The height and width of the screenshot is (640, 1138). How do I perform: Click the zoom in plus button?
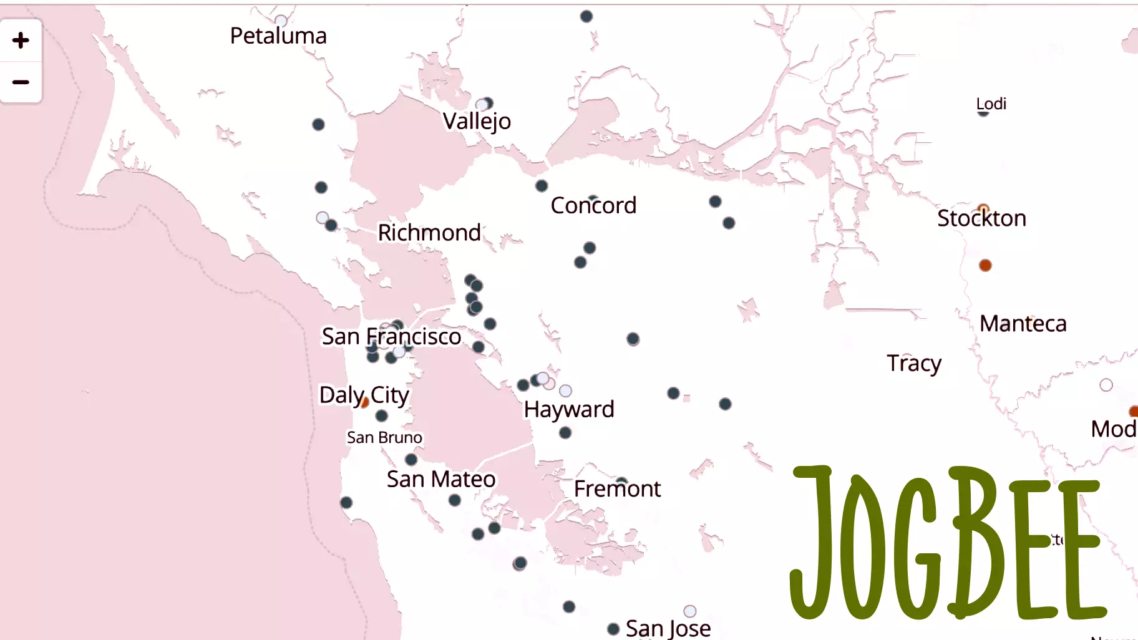click(21, 41)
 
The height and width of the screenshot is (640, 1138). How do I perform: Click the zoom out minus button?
click(21, 82)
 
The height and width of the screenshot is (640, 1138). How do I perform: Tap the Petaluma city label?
click(278, 36)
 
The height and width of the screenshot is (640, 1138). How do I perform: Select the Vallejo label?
click(477, 121)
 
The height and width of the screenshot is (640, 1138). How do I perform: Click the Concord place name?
click(593, 205)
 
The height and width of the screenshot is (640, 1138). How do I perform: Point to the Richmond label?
click(429, 233)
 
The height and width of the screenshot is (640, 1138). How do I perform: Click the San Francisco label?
click(391, 337)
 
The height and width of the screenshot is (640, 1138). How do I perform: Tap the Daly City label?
click(364, 395)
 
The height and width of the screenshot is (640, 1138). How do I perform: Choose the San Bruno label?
click(384, 437)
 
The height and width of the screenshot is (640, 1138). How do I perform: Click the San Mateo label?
click(441, 479)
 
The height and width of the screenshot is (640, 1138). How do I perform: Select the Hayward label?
click(569, 409)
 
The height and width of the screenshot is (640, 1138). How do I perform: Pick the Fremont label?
click(617, 488)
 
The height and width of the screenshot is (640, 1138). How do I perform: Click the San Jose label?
click(668, 628)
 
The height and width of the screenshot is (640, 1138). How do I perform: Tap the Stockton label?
click(981, 218)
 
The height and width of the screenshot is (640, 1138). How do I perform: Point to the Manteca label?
click(1023, 324)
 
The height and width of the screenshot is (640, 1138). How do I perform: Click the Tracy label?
click(914, 363)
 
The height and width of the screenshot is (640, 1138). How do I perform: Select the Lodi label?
click(991, 104)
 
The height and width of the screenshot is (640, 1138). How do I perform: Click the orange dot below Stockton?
click(985, 266)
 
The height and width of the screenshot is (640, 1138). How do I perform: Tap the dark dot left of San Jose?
click(613, 629)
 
